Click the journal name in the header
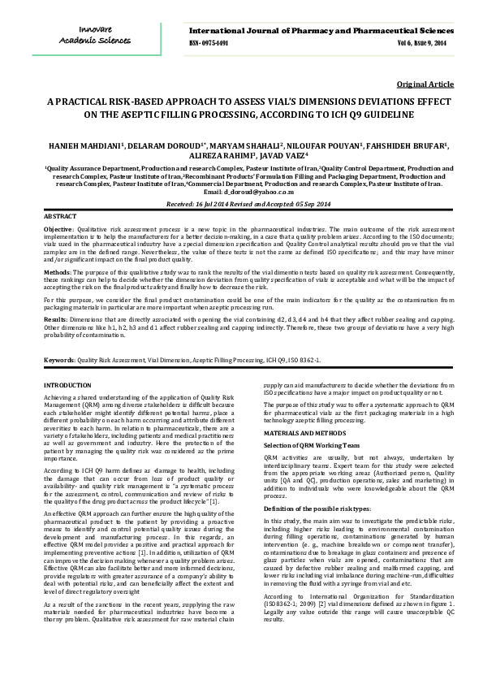pos(316,31)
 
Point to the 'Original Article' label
pos(425,84)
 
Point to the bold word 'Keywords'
pos(60,358)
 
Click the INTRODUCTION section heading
pos(67,384)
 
